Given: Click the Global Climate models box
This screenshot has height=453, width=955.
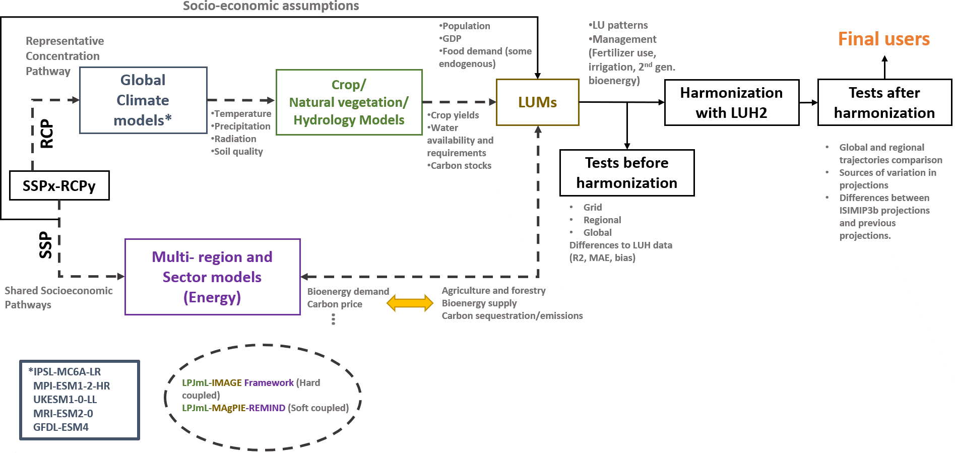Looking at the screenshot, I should tap(143, 100).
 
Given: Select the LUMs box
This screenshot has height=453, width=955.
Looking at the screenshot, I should tap(537, 102).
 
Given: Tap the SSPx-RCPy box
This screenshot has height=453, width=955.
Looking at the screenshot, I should tap(59, 186).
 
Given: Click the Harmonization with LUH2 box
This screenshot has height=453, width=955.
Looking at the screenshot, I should tap(731, 102).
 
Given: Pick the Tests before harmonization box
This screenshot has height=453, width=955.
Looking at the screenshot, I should tap(626, 173).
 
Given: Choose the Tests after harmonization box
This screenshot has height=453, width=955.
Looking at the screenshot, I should tap(884, 102).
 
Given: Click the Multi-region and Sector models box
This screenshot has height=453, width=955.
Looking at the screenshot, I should tap(212, 277).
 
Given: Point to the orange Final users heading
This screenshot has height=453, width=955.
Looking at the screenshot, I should tap(883, 39).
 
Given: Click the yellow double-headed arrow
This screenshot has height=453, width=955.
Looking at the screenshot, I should tap(410, 303).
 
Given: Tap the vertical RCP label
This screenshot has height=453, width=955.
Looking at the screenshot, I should tap(46, 134).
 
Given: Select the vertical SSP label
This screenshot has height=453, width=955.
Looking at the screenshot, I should tap(45, 245).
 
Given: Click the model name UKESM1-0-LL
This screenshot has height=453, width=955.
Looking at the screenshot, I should tap(65, 400).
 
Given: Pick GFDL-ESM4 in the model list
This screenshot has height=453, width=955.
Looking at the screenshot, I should tap(61, 427).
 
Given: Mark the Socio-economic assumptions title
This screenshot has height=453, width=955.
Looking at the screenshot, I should tap(271, 6).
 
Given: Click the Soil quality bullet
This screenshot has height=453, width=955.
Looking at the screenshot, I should tap(238, 152).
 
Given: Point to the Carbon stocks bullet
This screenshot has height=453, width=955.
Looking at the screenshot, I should tap(460, 166).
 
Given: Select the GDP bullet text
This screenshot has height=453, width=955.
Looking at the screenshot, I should tap(451, 39).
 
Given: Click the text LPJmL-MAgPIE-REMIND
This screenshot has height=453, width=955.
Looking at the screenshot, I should tap(233, 408).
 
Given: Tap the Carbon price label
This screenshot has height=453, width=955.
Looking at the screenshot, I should tap(335, 304).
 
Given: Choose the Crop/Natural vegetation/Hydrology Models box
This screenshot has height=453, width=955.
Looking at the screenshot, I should tap(349, 102).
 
